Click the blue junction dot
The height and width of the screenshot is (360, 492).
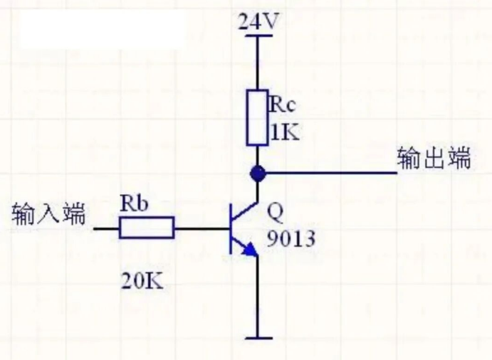tap(258, 172)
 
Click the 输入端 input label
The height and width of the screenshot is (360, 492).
tap(48, 213)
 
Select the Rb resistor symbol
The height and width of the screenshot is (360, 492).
tap(147, 228)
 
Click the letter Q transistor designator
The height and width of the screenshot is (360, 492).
tap(274, 212)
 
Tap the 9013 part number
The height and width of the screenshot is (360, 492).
tap(291, 240)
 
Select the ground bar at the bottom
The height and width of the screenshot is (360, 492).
tap(258, 336)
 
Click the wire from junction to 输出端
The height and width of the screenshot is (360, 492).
tap(328, 172)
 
